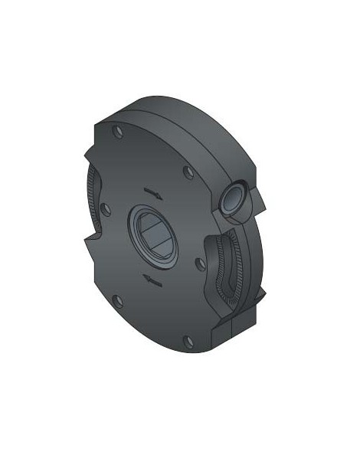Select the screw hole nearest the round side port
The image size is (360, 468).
188,172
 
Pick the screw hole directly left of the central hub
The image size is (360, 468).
106,208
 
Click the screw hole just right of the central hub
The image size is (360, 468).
199,263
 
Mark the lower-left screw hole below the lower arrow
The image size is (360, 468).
117,299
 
